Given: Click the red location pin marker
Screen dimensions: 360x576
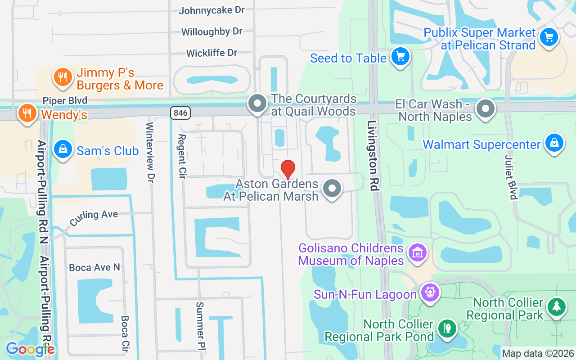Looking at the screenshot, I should pos(288,170).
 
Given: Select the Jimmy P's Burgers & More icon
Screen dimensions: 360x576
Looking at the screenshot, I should pos(63,77).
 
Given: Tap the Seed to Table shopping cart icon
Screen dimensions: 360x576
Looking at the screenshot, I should pos(400,57).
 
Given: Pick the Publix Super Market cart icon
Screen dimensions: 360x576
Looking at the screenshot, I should pos(549,37).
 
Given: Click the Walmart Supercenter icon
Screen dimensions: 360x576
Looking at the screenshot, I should pos(554,144).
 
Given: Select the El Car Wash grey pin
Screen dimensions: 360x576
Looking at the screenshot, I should pos(486,108).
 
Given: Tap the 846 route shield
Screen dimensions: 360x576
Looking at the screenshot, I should pos(180,112).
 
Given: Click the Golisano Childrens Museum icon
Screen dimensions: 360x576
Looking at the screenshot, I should pos(417,252).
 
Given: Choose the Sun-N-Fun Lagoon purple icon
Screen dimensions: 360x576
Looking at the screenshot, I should pos(430,293).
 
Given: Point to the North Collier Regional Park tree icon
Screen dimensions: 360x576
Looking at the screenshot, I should pos(557,307).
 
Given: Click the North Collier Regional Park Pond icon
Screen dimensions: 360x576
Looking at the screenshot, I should pos(447,327).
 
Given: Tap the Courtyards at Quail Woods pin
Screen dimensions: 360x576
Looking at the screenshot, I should pos(257,103).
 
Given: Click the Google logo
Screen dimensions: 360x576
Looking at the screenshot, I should pos(30,349).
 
